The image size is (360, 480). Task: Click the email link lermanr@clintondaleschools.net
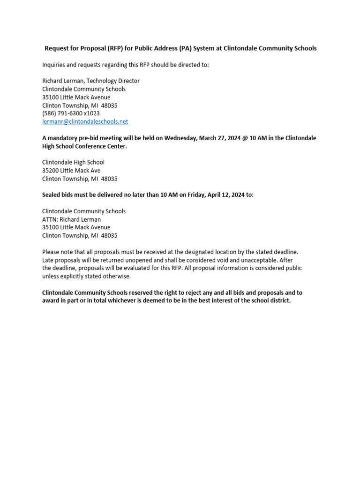point(85,121)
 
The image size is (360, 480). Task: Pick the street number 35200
point(51,171)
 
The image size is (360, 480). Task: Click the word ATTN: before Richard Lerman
point(50,219)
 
